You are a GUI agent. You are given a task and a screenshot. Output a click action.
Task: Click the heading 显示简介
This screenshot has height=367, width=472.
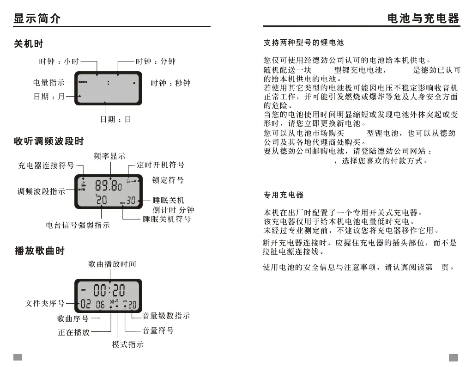coord(37,18)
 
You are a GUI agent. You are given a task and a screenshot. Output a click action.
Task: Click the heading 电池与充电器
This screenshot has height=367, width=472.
coord(423,18)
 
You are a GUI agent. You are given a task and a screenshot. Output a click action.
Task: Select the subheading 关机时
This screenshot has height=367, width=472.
coord(28,44)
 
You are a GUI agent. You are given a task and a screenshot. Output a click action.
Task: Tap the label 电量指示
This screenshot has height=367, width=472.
coord(48,83)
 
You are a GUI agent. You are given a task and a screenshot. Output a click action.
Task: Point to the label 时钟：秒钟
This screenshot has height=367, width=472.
coord(170,83)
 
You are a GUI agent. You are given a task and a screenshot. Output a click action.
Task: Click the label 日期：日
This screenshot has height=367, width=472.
coord(116,119)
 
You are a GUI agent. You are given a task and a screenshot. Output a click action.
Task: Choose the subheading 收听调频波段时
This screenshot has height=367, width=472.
coord(48,141)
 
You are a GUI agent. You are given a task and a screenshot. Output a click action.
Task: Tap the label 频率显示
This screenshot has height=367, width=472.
coord(109,156)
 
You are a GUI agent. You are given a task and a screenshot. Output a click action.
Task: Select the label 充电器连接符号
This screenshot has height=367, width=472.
coord(46,165)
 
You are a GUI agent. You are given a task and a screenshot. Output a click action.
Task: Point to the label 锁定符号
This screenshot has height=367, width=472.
coord(168,180)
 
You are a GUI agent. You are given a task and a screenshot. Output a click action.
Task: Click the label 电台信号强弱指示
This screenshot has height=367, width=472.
coord(78,226)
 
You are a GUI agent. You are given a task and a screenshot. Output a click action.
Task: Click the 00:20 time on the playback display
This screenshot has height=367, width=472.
coord(109,290)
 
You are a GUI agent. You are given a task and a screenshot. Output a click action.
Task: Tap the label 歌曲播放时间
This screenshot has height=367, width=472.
coord(112,264)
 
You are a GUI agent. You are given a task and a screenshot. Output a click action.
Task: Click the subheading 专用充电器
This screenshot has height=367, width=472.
coord(283,195)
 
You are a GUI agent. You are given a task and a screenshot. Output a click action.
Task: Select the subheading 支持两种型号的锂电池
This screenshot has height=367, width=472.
coord(303,43)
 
